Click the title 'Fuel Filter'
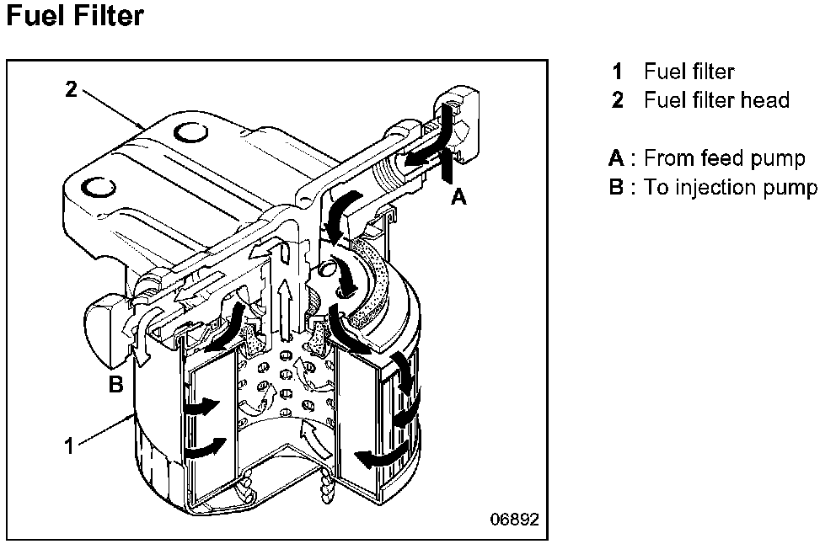pos(74,17)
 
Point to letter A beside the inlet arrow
pos(458,196)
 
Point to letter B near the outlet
pos(116,385)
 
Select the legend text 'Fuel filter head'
pos(716,101)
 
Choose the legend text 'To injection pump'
pos(731,187)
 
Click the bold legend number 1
pos(618,72)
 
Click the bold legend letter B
pos(616,187)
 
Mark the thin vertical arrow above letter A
pos(447,167)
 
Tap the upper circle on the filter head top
pos(190,132)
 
